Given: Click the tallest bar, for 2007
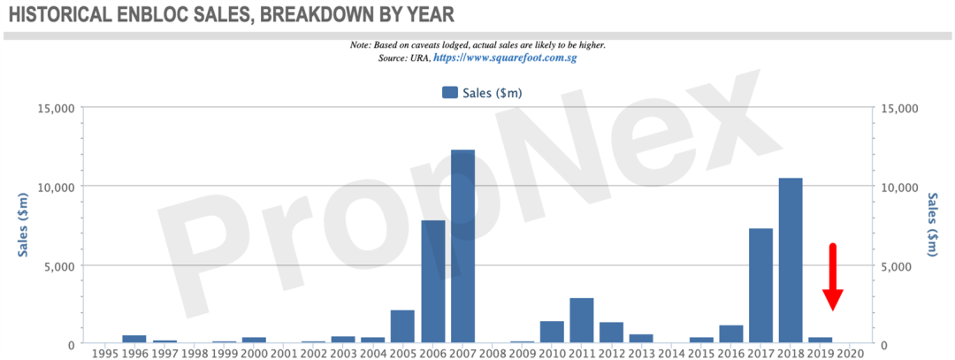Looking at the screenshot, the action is tap(462, 246).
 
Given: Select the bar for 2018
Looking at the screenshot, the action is tap(791, 260).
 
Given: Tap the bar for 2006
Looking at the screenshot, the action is tap(433, 281).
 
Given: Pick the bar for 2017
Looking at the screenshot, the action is tap(760, 286).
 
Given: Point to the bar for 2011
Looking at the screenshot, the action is tap(582, 320).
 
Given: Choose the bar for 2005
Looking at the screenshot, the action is tap(402, 326).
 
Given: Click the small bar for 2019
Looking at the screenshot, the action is tap(821, 340).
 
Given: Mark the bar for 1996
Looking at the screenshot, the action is tap(134, 340).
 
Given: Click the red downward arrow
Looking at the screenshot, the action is tap(833, 277).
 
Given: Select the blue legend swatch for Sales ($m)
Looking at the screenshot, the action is tap(450, 93).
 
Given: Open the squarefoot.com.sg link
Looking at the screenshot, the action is tap(505, 57).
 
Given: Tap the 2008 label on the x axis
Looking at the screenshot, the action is tap(493, 353).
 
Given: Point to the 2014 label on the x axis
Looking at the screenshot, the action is tap(672, 353).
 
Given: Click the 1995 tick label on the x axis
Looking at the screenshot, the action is tap(104, 353).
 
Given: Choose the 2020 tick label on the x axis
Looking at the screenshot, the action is tap(851, 353).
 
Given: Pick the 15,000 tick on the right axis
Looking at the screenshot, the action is tap(900, 108).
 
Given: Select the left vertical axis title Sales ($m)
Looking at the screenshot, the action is tap(23, 225).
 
